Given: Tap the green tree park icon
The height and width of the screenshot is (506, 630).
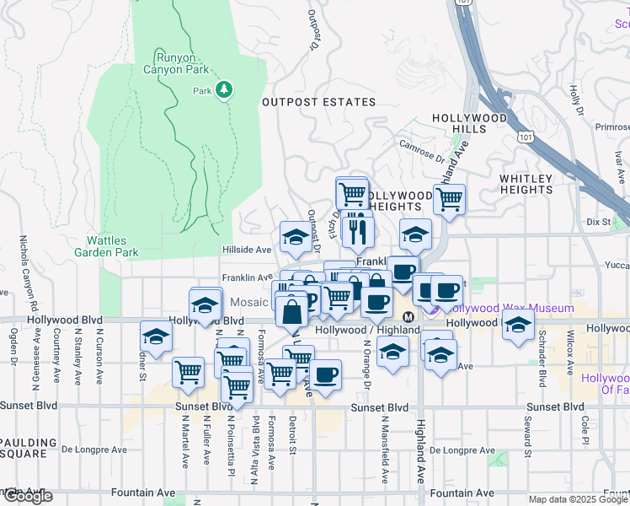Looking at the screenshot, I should click(224, 89).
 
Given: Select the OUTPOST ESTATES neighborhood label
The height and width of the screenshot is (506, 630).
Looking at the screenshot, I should click(318, 102).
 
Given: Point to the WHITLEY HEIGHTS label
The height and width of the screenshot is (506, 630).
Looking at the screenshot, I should click(526, 184).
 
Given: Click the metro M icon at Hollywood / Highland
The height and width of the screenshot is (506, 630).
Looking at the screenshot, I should click(408, 317).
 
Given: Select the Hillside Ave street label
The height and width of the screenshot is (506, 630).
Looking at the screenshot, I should click(247, 250).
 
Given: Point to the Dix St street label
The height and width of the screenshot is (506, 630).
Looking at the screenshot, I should click(597, 222).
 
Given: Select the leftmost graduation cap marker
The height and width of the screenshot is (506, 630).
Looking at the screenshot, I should click(155, 336).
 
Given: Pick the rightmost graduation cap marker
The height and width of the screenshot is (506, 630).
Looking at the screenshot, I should click(518, 325).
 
